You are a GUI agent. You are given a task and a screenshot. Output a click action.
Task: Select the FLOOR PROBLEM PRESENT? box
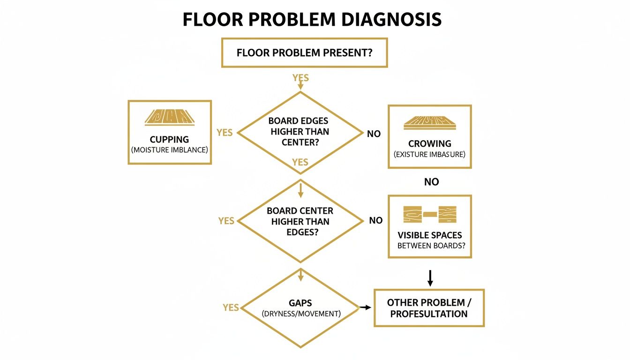pos(304,53)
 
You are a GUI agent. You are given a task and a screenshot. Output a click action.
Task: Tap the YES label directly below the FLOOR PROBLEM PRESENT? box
pos(300,78)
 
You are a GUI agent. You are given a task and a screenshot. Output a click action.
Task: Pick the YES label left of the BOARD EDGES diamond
pos(225,133)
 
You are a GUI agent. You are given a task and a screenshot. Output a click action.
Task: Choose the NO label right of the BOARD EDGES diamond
pos(374,134)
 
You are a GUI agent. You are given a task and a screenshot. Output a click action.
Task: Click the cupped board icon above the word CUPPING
pos(169,118)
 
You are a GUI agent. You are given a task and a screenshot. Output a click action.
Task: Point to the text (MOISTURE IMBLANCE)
pos(169,150)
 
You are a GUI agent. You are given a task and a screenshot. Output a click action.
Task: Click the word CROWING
pos(429,143)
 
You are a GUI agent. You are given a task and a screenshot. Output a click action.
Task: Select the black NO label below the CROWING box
pos(431,182)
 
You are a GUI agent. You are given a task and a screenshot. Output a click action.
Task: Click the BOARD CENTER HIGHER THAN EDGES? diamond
pos(300,221)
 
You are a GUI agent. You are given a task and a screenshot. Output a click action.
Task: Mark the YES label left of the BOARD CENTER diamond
pos(226,221)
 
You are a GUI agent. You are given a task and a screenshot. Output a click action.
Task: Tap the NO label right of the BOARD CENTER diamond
pos(375,221)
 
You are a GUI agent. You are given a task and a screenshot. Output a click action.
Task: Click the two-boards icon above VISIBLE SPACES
pos(429,214)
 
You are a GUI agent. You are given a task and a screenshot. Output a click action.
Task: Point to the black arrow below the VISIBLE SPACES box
pos(430,277)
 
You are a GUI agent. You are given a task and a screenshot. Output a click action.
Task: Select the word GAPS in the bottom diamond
pos(300,303)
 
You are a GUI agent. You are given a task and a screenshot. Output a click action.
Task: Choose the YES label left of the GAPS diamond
pos(231,307)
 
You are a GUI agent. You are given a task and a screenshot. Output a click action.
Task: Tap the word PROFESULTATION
pos(428,314)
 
